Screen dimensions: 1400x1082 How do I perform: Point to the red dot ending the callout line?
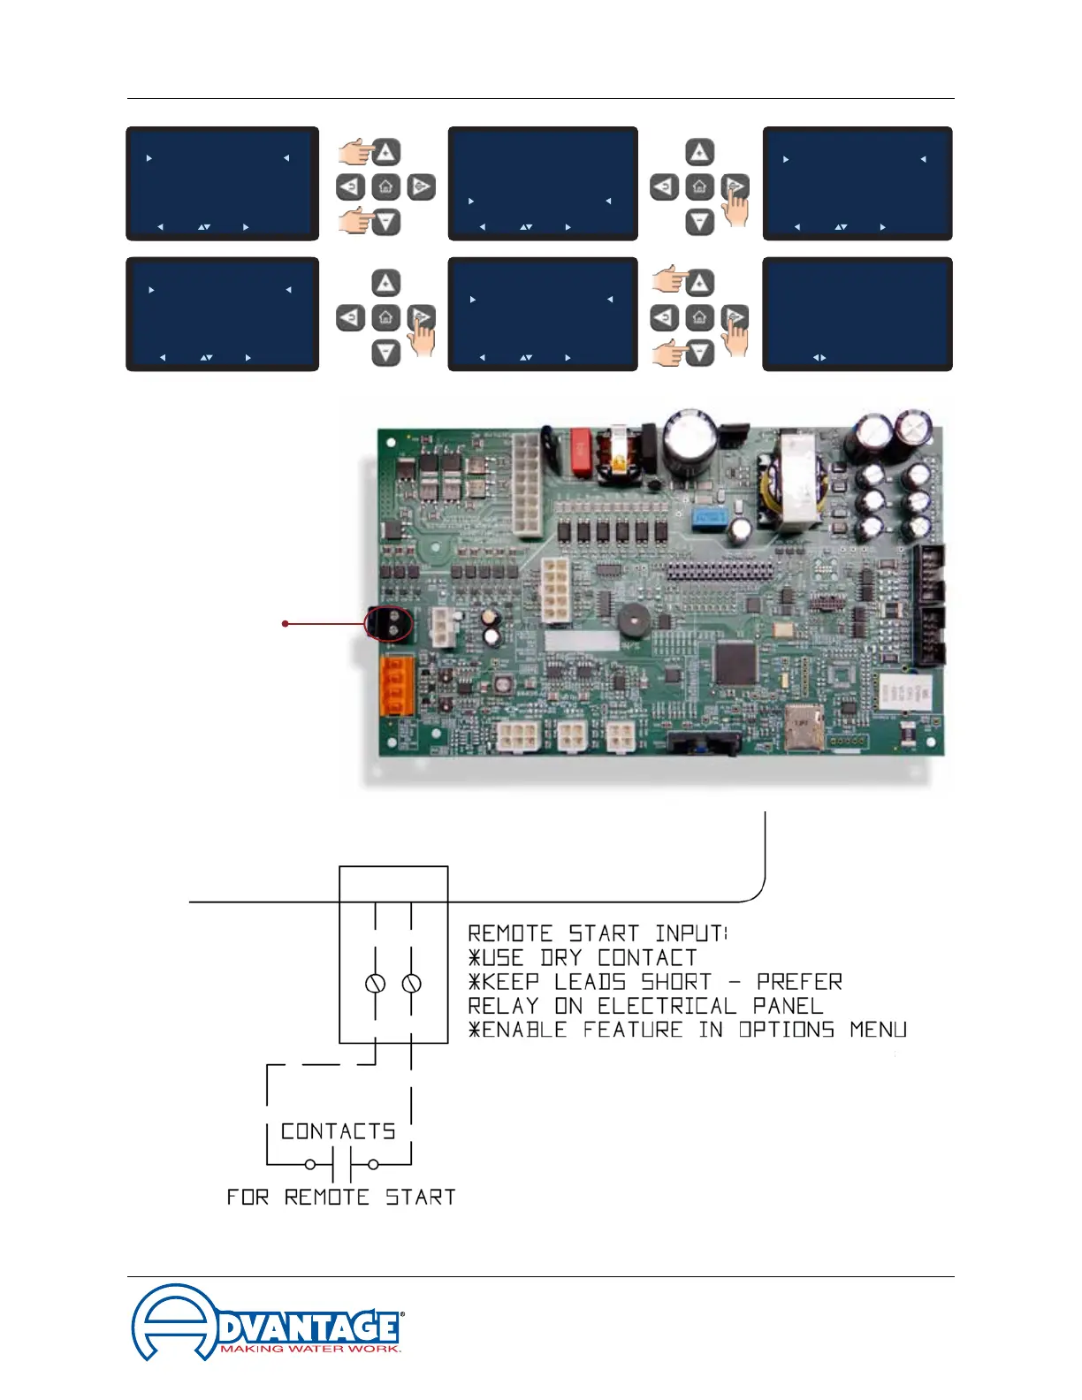[285, 624]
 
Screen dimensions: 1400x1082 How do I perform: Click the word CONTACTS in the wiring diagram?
[338, 1132]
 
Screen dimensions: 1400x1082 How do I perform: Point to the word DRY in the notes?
[560, 958]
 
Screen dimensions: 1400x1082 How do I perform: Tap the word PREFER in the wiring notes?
[799, 982]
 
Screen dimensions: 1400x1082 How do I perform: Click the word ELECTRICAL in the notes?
[667, 1006]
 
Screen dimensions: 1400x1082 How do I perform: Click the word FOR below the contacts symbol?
[248, 1198]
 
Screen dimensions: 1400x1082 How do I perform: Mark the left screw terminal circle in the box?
[375, 984]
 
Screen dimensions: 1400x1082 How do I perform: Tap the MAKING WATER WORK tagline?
[310, 1349]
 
